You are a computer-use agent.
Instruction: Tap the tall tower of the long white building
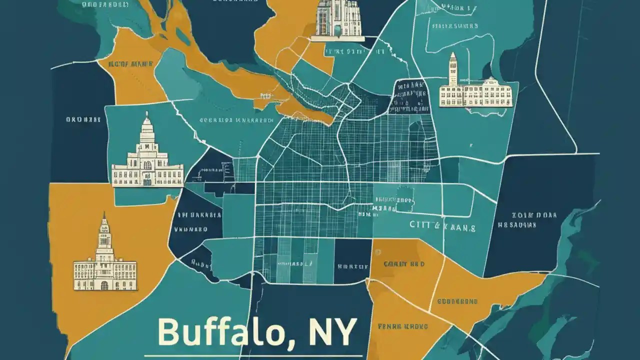pyautogui.click(x=453, y=70)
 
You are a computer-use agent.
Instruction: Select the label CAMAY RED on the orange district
pyautogui.click(x=404, y=263)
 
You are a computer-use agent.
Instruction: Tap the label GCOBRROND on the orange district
pyautogui.click(x=457, y=301)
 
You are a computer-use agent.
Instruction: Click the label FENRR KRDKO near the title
pyautogui.click(x=403, y=326)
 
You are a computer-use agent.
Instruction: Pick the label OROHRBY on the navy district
pyautogui.click(x=83, y=119)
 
